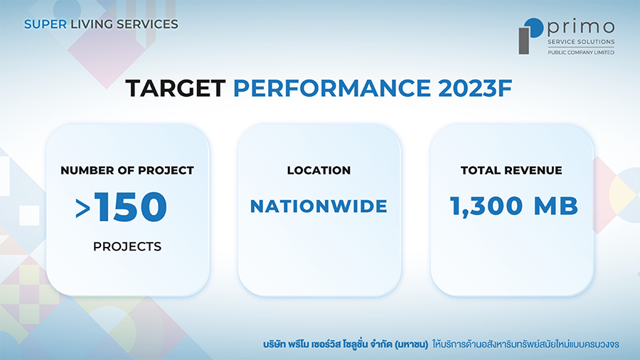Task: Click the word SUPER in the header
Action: coord(46,24)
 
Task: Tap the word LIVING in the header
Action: coord(92,24)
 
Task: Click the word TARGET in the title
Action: coord(176,88)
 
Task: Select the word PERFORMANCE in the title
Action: coord(332,88)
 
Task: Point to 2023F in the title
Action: coord(475,88)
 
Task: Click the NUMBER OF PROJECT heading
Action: coord(127,170)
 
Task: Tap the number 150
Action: coord(130,206)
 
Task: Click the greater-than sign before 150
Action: coord(83,208)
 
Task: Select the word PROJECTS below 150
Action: coord(127,247)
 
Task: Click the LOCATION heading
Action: coord(319,170)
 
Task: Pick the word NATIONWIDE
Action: coord(319,206)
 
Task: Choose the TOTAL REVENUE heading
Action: coord(511,170)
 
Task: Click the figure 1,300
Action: coord(486,206)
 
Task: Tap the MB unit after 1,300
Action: coord(556,206)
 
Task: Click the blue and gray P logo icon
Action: coord(530,36)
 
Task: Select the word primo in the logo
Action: coord(581,27)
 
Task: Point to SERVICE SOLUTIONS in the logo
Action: coord(581,42)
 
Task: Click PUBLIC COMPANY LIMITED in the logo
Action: coord(581,52)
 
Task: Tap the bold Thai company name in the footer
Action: coord(346,344)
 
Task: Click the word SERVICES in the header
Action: coord(147,24)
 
